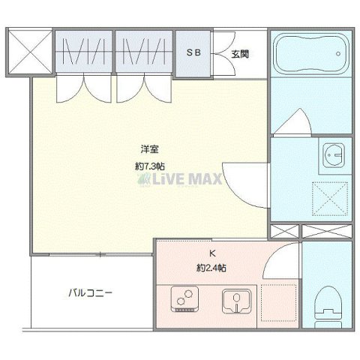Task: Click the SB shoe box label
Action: [193, 53]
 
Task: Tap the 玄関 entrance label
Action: [239, 54]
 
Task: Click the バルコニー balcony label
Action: [91, 293]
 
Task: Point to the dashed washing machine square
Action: [330, 199]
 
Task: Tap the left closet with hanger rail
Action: [84, 53]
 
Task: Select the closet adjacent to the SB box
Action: [144, 53]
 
